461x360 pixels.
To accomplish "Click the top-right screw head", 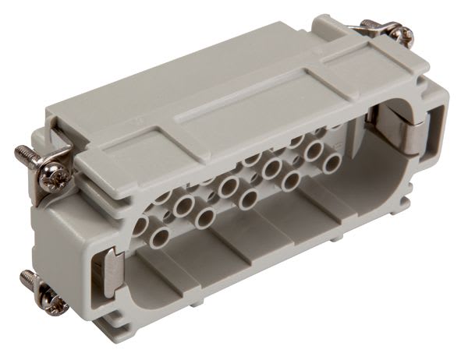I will pyautogui.click(x=403, y=34).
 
